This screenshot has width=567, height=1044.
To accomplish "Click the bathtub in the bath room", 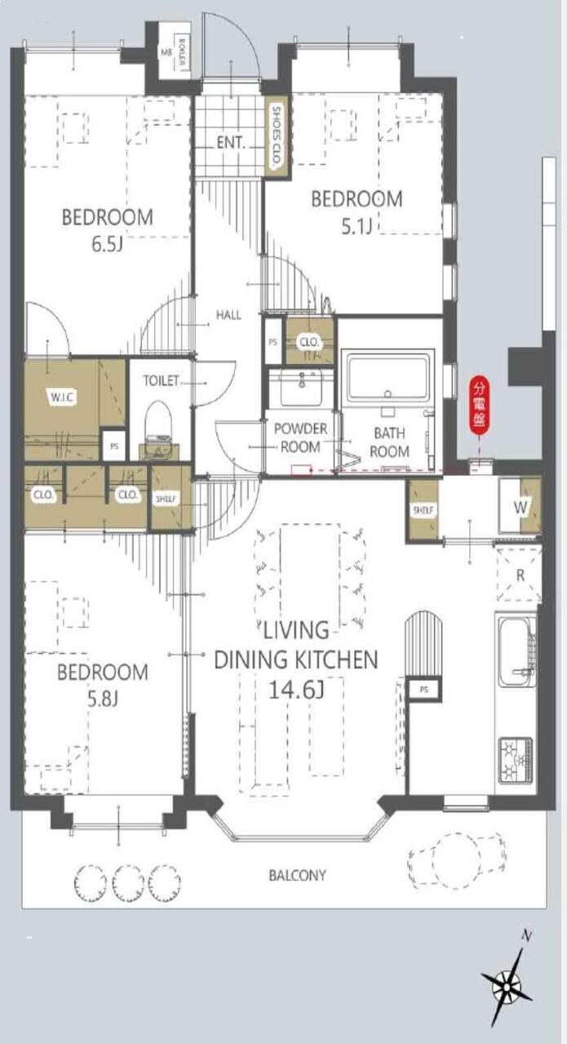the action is (x=388, y=376).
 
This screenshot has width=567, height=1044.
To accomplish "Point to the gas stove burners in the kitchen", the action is (x=516, y=759).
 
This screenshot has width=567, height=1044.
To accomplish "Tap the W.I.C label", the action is (x=62, y=398).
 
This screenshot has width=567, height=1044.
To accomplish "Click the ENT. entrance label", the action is (x=231, y=142).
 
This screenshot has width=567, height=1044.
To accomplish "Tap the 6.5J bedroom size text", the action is (x=107, y=244).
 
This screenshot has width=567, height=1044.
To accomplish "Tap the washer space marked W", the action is (x=520, y=507).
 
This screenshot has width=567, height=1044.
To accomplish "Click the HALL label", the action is (x=228, y=315).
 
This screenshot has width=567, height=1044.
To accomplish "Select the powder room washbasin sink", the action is (x=301, y=387).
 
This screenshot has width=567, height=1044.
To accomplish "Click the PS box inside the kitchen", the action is (x=424, y=689).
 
